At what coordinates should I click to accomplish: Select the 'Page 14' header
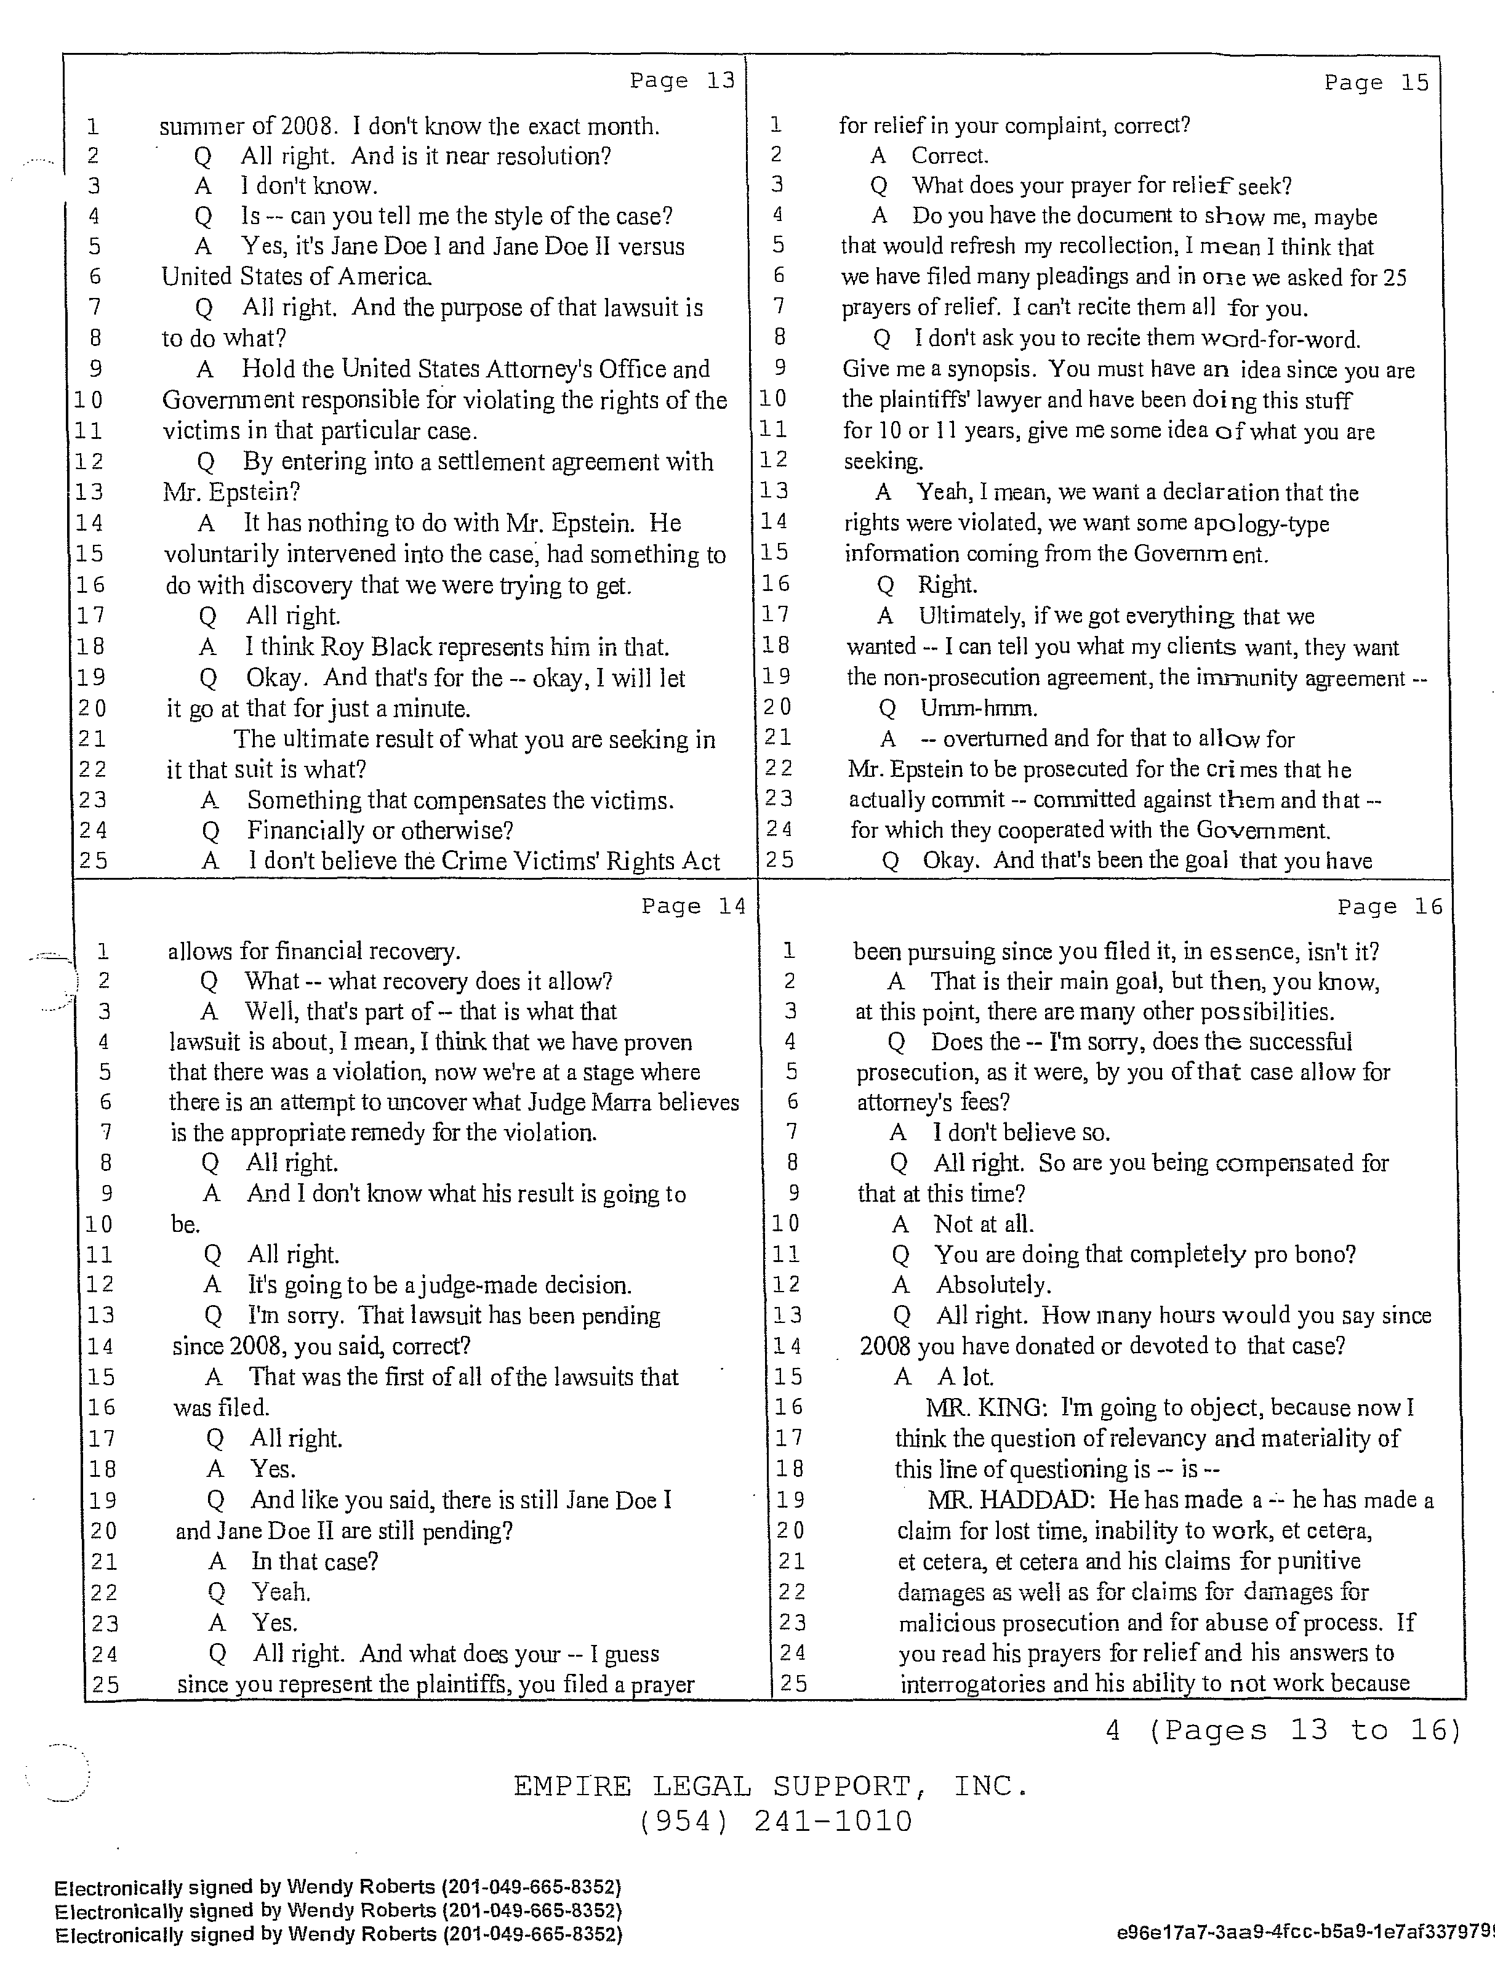tap(694, 907)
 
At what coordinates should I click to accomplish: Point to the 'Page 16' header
tap(1389, 907)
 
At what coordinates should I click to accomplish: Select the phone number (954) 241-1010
tap(775, 1822)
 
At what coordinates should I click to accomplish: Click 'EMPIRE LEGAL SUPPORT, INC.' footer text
tap(770, 1786)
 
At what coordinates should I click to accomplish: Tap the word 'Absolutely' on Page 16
tap(992, 1285)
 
